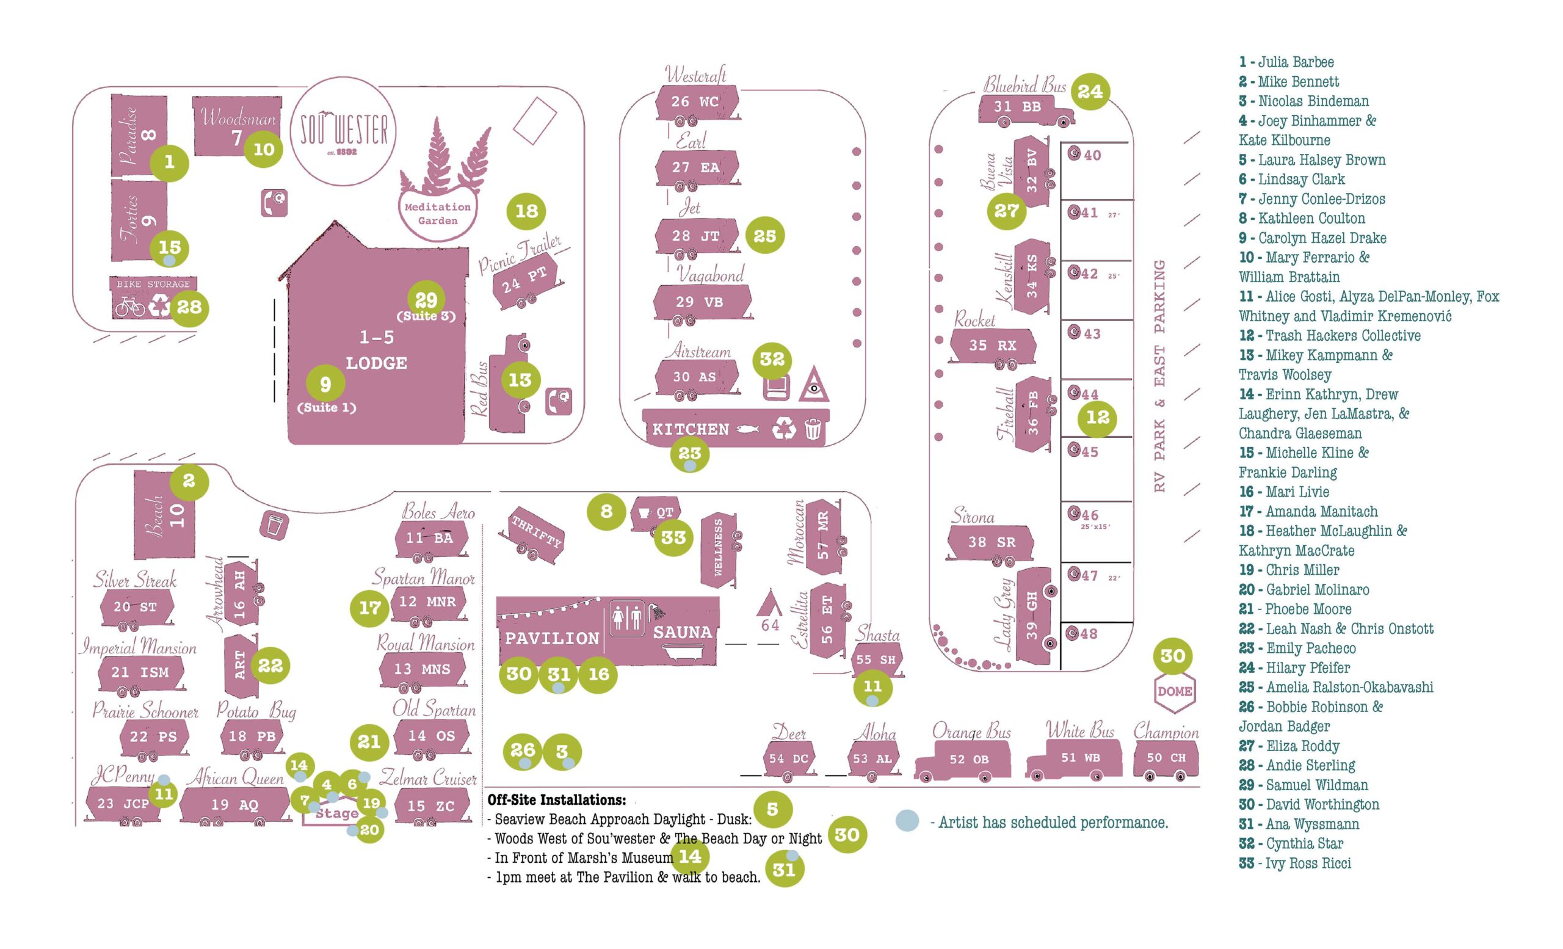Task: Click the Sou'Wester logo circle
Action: (x=343, y=131)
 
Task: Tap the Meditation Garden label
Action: (x=438, y=214)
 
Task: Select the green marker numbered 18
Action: (x=526, y=211)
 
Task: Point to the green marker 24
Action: (x=1090, y=92)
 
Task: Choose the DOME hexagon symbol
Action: (x=1174, y=691)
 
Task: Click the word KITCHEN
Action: (x=691, y=429)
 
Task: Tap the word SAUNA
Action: (x=683, y=633)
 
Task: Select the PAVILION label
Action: (x=551, y=638)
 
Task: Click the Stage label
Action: (x=337, y=814)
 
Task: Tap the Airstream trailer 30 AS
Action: (x=696, y=377)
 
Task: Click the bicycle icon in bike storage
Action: (x=129, y=308)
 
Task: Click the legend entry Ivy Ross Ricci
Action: (x=1307, y=864)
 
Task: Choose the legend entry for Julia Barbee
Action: (x=1295, y=62)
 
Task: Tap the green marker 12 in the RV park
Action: (x=1098, y=418)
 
